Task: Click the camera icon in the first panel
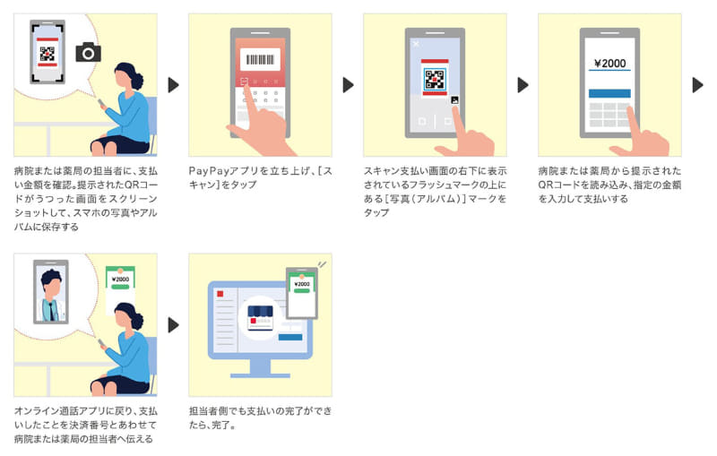pyautogui.click(x=88, y=52)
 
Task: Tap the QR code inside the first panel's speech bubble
pyautogui.click(x=48, y=53)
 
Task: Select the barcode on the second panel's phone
pyautogui.click(x=259, y=59)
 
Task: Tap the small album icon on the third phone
pyautogui.click(x=455, y=100)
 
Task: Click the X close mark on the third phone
pyautogui.click(x=415, y=43)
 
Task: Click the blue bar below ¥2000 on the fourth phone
pyautogui.click(x=609, y=93)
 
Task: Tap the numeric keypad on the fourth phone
pyautogui.click(x=609, y=115)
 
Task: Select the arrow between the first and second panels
pyautogui.click(x=174, y=85)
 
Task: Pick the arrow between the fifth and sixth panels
pyautogui.click(x=174, y=324)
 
